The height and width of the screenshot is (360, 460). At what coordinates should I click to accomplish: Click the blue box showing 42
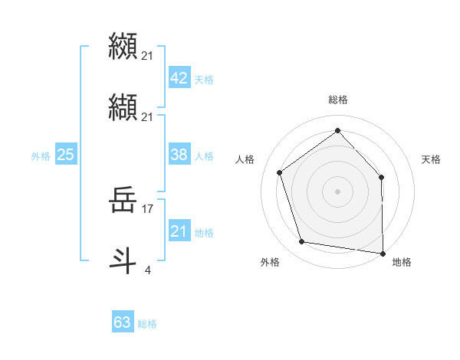[179, 79]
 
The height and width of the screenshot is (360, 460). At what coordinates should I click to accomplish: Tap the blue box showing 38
[179, 155]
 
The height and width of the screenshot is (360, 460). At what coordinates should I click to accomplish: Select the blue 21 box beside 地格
[179, 231]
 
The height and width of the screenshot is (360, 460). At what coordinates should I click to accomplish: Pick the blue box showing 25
[65, 155]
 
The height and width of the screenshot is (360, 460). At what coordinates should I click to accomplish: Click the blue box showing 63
[123, 322]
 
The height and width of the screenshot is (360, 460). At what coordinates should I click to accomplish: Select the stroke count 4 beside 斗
[147, 270]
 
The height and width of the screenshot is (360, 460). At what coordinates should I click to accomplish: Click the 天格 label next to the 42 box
[204, 80]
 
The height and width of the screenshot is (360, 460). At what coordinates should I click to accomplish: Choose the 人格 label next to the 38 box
[204, 155]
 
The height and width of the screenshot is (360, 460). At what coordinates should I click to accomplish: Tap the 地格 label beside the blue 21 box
[204, 232]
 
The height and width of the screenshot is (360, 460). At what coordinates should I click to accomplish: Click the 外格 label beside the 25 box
[41, 155]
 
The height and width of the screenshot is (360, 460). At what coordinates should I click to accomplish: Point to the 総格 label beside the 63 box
[147, 324]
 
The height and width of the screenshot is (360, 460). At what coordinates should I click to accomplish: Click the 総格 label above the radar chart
[337, 100]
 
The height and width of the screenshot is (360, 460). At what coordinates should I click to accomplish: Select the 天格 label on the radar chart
[432, 159]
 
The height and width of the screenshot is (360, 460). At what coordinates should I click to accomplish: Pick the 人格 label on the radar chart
[245, 159]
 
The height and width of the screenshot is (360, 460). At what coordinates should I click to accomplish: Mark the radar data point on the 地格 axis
[383, 253]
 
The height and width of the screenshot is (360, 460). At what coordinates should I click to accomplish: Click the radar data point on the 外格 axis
[302, 242]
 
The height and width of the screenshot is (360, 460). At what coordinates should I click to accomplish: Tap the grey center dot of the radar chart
[337, 191]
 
